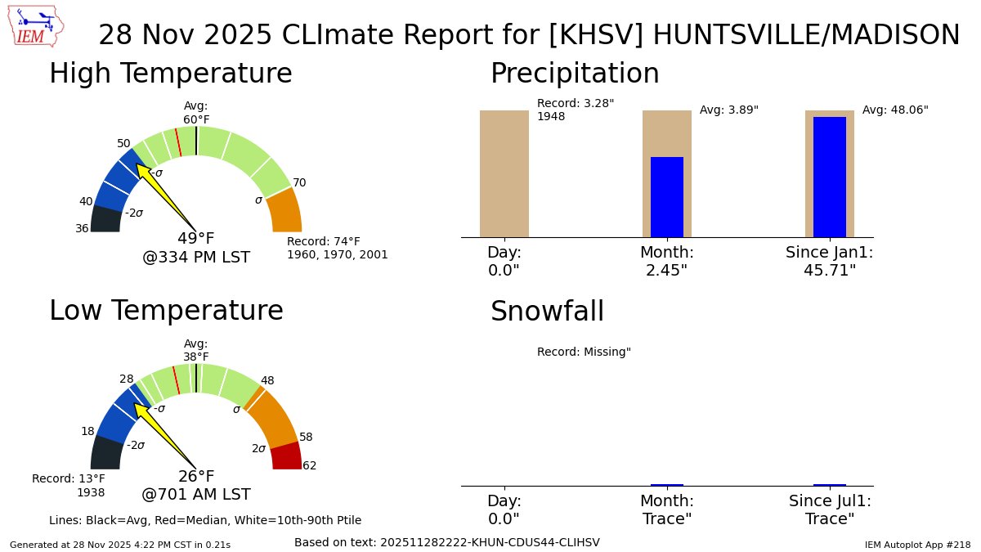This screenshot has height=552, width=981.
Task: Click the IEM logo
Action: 38,26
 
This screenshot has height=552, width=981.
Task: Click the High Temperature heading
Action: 170,74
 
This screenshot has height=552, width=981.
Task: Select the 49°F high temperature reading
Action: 196,239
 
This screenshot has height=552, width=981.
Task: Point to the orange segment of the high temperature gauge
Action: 284,212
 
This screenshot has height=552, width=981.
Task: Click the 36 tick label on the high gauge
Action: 82,229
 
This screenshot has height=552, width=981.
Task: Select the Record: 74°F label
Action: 323,242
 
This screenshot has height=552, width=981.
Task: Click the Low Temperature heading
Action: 166,311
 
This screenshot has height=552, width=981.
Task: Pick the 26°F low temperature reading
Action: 196,477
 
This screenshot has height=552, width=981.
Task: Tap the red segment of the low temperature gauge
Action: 287,456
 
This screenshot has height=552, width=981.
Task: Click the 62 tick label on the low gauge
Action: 309,466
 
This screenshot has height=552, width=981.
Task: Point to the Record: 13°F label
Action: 69,478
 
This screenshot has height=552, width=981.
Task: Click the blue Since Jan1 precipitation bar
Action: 829,177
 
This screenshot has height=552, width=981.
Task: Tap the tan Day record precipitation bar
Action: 504,173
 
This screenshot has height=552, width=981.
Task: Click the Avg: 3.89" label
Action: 729,110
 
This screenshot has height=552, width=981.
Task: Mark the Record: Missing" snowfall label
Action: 584,352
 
